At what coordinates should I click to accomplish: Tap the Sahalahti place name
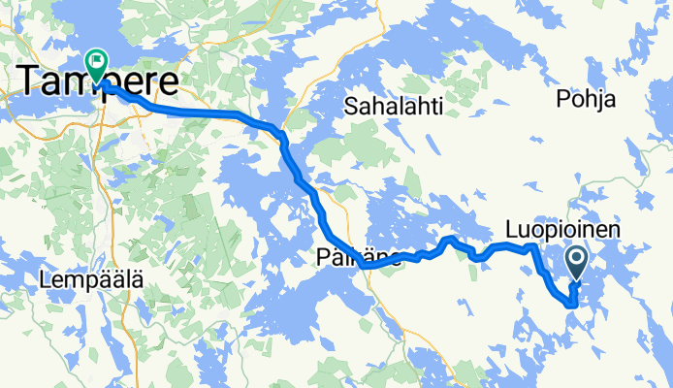393,107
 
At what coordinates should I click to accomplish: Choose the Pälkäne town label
357,257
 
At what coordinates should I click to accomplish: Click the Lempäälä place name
92,279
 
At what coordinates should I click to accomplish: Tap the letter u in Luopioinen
523,230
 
